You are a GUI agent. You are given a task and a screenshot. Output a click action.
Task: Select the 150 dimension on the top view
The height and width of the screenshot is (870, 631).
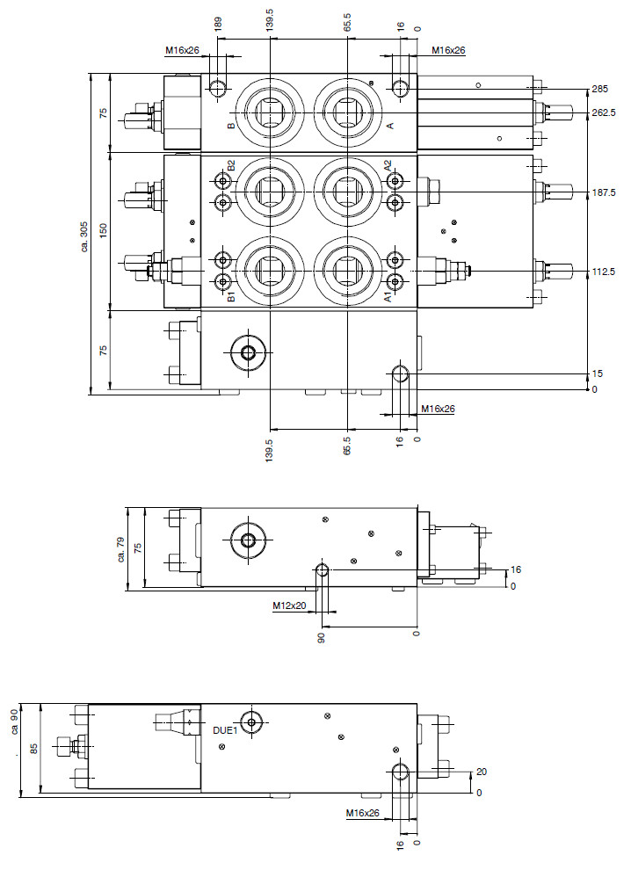pyautogui.click(x=103, y=230)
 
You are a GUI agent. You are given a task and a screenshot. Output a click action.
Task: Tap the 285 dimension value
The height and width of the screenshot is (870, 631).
pyautogui.click(x=600, y=90)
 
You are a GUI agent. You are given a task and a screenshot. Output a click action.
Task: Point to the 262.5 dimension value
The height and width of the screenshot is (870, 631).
pyautogui.click(x=603, y=112)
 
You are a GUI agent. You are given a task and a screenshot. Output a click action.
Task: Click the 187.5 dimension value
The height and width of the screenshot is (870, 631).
pyautogui.click(x=603, y=192)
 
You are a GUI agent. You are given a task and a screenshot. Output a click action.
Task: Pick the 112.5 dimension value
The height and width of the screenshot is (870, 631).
pyautogui.click(x=603, y=272)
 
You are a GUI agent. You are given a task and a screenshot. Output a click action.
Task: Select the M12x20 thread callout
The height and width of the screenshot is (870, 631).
pyautogui.click(x=287, y=605)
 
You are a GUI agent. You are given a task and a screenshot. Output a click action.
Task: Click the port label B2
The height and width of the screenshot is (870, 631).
pyautogui.click(x=231, y=166)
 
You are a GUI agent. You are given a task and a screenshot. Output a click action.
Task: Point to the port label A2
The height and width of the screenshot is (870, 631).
pyautogui.click(x=388, y=166)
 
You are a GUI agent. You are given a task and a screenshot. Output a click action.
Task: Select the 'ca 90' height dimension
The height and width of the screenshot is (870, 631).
pyautogui.click(x=15, y=720)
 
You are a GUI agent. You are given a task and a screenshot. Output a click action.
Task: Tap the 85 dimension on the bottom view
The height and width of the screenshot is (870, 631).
pyautogui.click(x=33, y=749)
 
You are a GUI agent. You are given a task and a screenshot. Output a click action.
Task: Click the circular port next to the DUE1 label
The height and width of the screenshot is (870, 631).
pyautogui.click(x=253, y=722)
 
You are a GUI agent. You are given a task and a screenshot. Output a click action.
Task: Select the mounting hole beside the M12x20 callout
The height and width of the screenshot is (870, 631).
pyautogui.click(x=323, y=570)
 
